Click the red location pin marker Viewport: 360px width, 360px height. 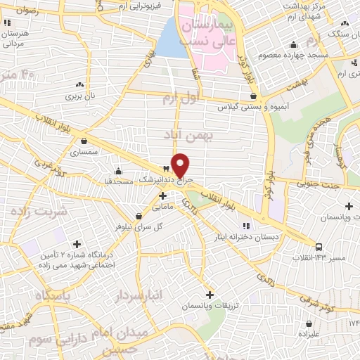pyautogui.click(x=181, y=165)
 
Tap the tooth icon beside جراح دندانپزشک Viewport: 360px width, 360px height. pyautogui.click(x=166, y=169)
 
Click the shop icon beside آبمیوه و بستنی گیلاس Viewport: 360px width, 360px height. pyautogui.click(x=252, y=96)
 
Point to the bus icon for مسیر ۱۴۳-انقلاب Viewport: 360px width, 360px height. pyautogui.click(x=319, y=247)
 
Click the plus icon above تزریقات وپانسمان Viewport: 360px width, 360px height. pyautogui.click(x=210, y=295)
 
